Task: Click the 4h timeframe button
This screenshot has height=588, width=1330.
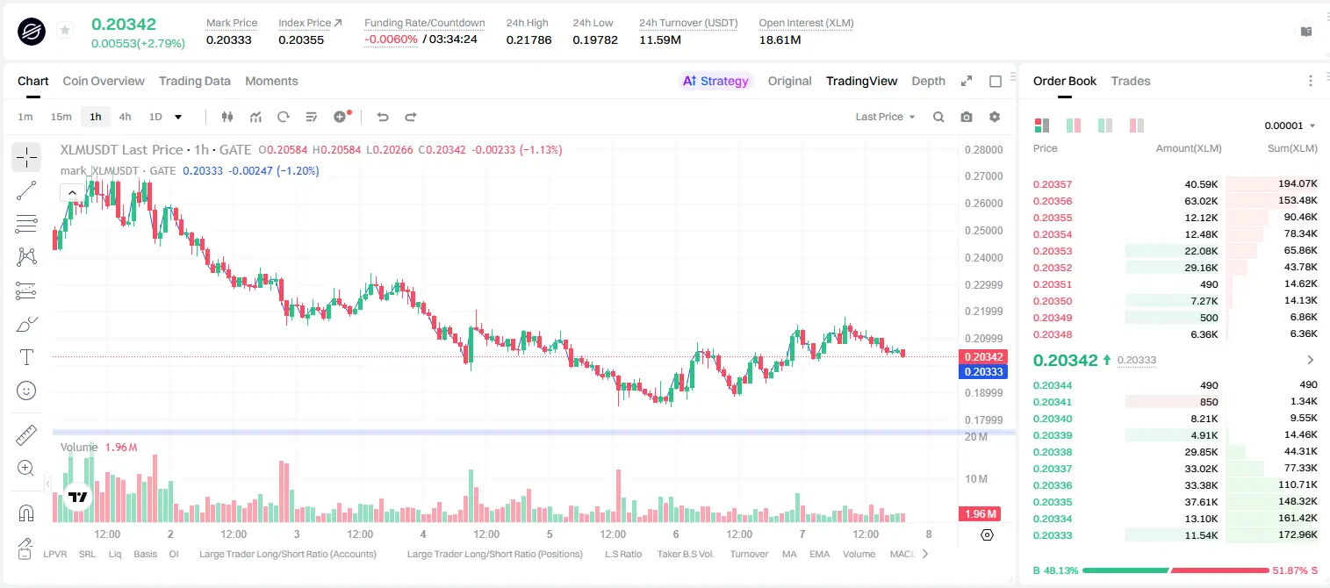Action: [125, 117]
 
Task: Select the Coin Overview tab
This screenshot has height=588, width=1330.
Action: [104, 81]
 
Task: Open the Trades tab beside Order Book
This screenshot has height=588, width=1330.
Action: [1131, 81]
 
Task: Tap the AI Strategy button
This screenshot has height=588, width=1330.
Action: [715, 81]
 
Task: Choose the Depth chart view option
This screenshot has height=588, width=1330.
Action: [928, 81]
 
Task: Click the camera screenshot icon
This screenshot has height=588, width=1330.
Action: [967, 117]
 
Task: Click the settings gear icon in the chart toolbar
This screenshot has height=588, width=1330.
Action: [995, 117]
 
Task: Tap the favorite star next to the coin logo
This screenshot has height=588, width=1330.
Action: [65, 30]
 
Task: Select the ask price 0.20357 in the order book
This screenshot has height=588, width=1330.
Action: [1052, 184]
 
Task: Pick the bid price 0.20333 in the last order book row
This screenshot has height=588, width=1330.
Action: [1052, 535]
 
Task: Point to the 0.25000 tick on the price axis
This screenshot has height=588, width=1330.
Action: [984, 230]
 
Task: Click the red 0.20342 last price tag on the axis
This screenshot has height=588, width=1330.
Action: [983, 356]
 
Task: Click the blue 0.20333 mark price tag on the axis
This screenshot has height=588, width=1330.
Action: [983, 372]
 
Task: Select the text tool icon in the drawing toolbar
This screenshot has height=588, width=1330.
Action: [26, 357]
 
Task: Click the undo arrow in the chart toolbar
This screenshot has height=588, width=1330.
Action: [383, 117]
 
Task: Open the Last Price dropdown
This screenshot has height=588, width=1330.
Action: [885, 117]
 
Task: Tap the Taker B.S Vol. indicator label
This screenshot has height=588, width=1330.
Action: [685, 554]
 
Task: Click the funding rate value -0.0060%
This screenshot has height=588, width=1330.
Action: [391, 39]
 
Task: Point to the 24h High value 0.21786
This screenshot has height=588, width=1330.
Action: [528, 39]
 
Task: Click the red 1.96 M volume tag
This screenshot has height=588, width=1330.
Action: [980, 513]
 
